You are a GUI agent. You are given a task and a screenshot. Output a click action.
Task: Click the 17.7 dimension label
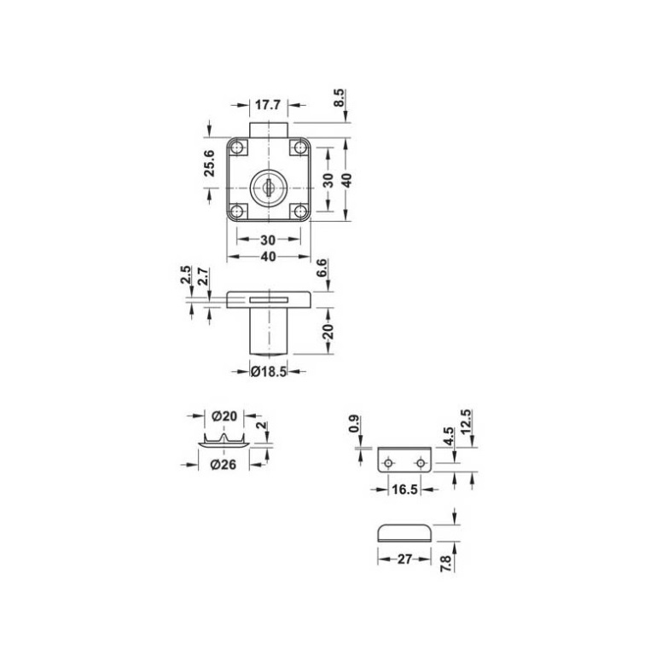tap(268, 105)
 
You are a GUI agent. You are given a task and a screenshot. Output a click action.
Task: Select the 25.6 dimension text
tap(209, 163)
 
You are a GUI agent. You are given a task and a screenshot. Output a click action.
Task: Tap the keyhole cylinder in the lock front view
tap(268, 188)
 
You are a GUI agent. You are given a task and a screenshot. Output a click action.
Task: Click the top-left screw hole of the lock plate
tap(238, 148)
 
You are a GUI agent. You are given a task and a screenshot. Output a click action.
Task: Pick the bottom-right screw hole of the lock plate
tap(299, 212)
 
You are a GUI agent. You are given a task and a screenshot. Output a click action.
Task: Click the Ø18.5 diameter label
tap(269, 371)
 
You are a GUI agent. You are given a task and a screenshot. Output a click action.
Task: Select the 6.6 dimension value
tap(322, 268)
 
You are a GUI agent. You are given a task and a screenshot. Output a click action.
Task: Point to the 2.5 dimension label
tap(186, 275)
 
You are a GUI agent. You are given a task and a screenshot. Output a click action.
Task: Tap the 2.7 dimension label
tap(203, 276)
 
